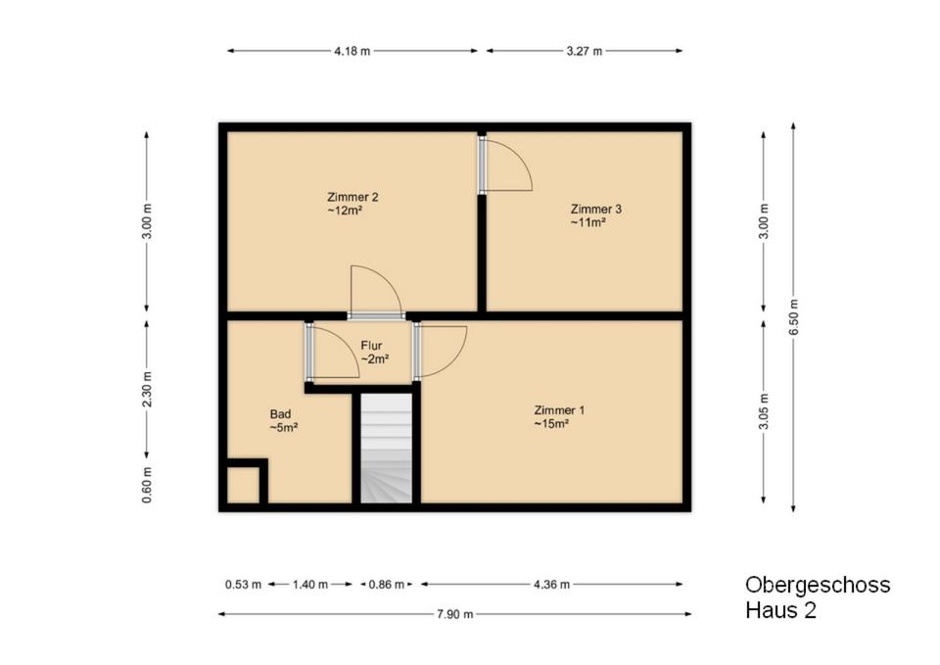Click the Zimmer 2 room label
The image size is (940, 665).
[352, 204]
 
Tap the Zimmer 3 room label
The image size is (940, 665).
[595, 215]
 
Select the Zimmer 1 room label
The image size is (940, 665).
[559, 417]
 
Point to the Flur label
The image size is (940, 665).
[374, 353]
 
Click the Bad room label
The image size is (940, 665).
[284, 420]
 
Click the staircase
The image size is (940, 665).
[386, 448]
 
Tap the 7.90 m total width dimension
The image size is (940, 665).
[455, 614]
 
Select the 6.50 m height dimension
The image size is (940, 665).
[793, 317]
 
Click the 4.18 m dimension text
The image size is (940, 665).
[352, 51]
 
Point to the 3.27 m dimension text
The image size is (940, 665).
[584, 51]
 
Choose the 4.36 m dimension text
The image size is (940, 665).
[551, 584]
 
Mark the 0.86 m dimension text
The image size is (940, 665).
[386, 584]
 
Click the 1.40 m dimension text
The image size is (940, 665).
[310, 584]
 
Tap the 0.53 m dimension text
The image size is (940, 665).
[243, 584]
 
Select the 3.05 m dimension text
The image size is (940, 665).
[763, 411]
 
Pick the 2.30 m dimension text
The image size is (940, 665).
[147, 390]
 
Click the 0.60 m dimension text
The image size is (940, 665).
[147, 485]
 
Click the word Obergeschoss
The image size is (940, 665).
[818, 585]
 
